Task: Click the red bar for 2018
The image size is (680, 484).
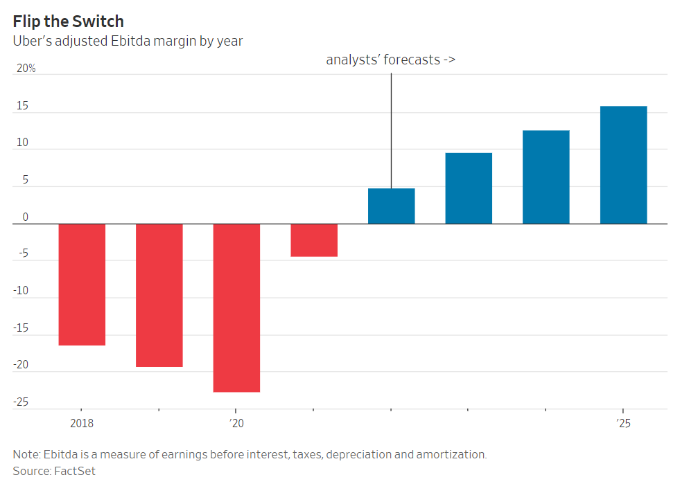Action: coord(82,284)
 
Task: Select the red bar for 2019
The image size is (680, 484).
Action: coord(159,295)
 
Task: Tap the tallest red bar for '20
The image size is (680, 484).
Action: coord(236,307)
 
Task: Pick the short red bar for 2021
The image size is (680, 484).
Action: coord(314,240)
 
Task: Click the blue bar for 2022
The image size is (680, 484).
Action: coord(391,206)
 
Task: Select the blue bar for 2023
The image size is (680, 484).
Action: coord(469,188)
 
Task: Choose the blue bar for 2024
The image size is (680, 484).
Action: coord(546,177)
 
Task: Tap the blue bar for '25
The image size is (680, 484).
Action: coord(623,165)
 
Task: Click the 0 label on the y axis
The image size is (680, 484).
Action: coord(25,217)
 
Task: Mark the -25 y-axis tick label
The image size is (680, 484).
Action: coord(21,402)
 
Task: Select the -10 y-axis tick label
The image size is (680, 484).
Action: coord(21,291)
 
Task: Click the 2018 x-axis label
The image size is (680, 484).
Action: coord(82,422)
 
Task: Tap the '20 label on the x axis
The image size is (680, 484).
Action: coord(236,422)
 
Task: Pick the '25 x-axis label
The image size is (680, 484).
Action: coord(623,422)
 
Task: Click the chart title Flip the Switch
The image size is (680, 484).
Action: coord(69,21)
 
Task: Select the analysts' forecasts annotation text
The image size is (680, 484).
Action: coord(390,60)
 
